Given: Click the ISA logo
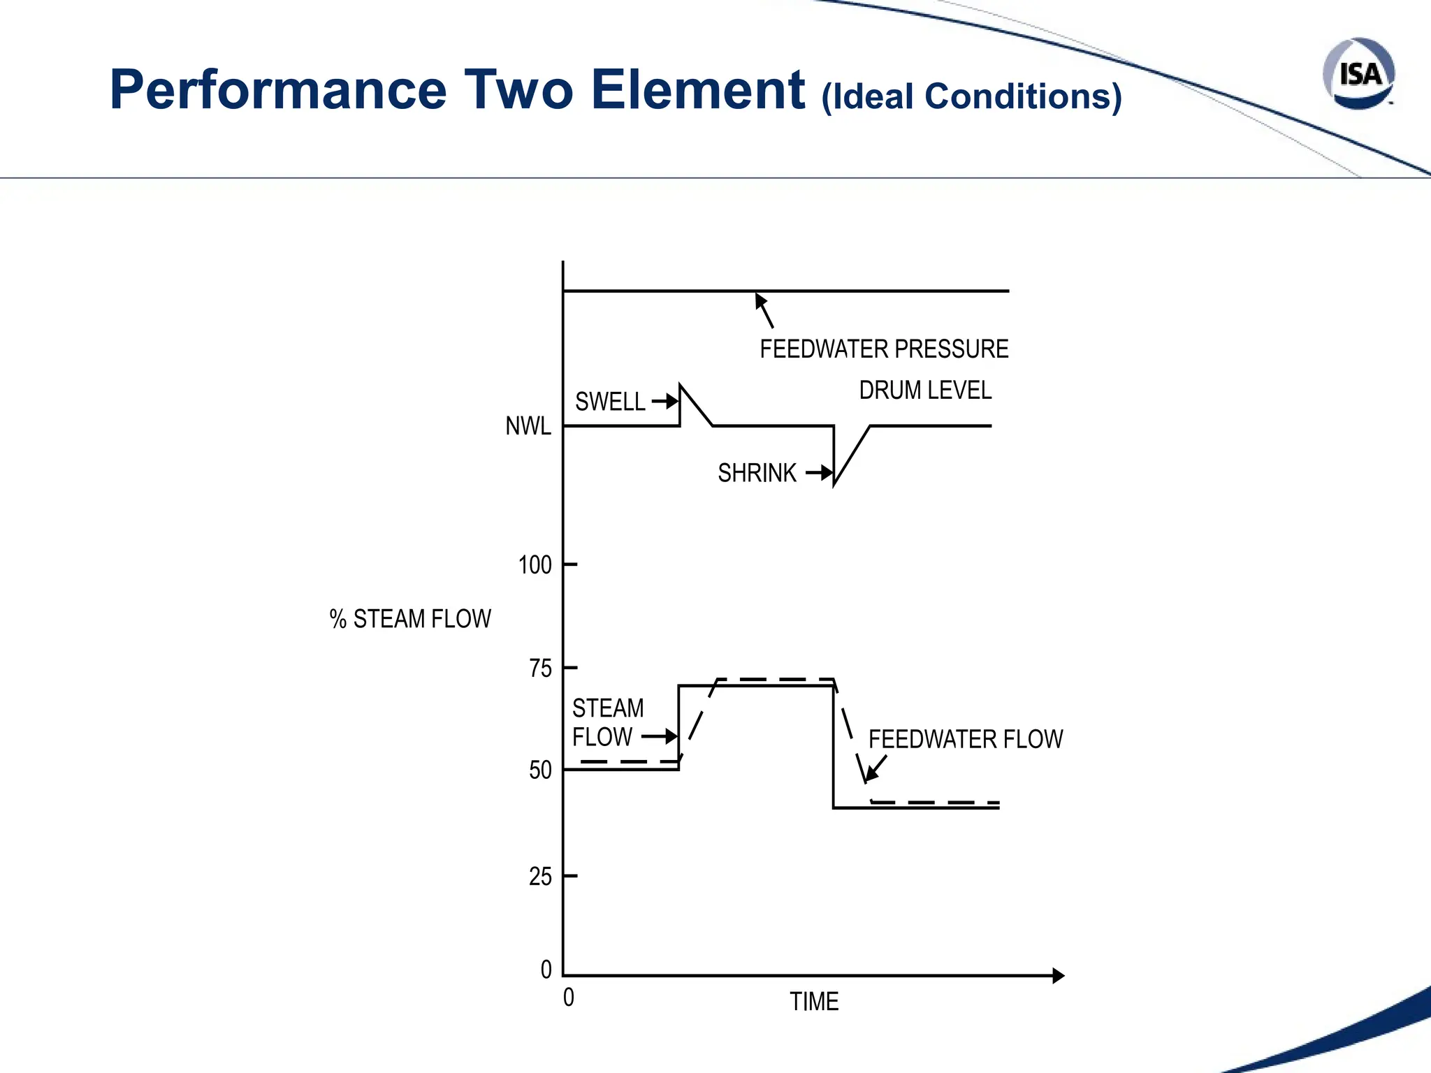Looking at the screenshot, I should (1358, 74).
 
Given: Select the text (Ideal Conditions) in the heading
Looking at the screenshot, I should (971, 96).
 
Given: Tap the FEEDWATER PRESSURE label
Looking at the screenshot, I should (884, 349).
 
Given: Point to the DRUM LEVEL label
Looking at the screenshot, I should (925, 390).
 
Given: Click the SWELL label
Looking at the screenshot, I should (610, 402).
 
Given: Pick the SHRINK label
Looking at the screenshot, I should (757, 473).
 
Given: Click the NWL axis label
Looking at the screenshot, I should (528, 425).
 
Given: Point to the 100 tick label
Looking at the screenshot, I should (535, 564).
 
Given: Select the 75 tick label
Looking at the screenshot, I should (541, 669).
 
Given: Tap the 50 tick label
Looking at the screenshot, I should (541, 771).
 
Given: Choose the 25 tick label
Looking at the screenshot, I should (541, 876).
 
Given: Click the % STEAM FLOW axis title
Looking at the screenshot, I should (410, 619).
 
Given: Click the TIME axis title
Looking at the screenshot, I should (814, 1002).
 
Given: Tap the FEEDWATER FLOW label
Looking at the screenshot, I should (966, 739).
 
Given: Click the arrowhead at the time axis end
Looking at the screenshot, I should (1059, 976).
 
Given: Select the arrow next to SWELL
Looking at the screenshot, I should (666, 401).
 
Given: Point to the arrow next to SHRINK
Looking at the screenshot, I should (820, 473).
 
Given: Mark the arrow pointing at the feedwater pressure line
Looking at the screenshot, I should (764, 309).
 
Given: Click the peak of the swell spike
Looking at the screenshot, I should (681, 385).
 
